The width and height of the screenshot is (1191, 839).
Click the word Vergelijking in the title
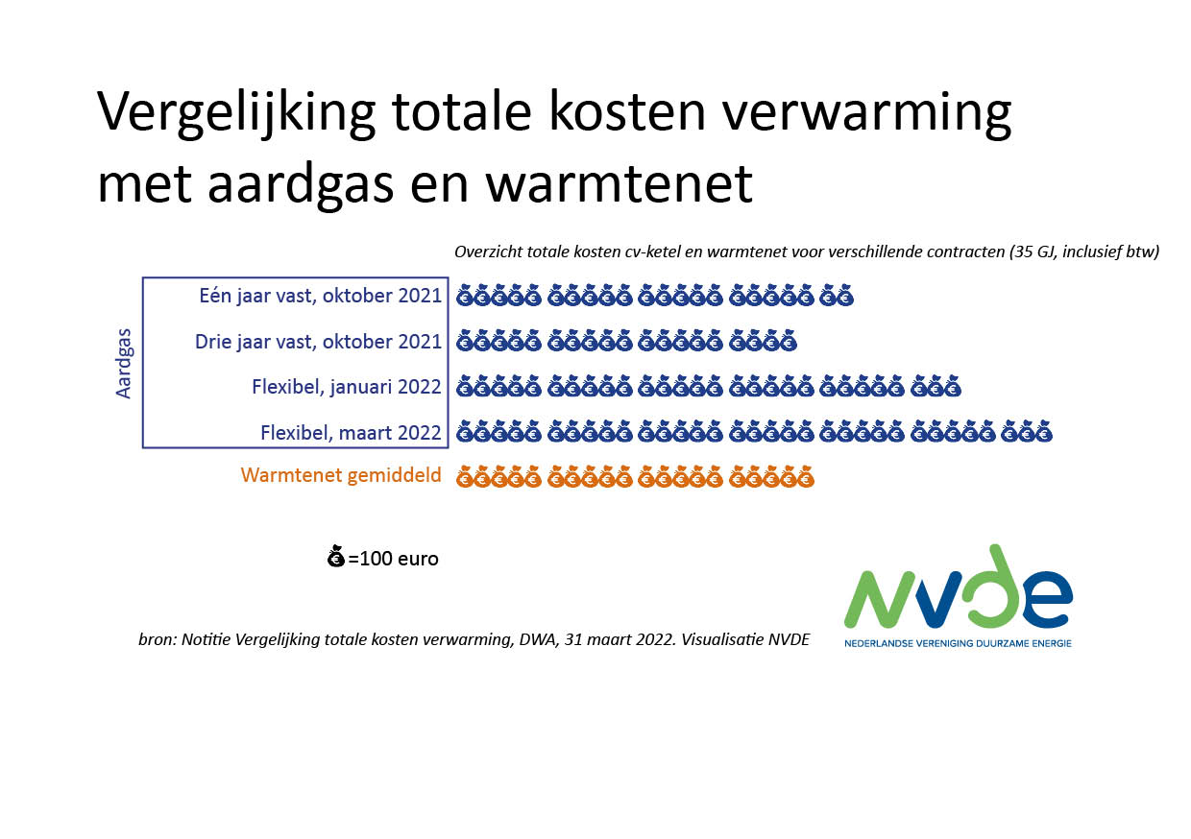point(236,113)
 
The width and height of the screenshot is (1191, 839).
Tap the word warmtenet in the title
point(619,184)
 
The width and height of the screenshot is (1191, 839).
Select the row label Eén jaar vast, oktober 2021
point(321,296)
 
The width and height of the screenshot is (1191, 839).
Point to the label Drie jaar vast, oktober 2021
point(319,342)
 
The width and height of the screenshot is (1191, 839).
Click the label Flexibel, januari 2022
point(347,387)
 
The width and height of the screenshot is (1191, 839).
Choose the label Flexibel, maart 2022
point(351,433)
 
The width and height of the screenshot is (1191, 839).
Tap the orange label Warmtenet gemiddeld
point(341,475)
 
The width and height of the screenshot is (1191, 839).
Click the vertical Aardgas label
point(124,364)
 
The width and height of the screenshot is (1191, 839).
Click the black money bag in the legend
point(336,556)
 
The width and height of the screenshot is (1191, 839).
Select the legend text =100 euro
point(394,559)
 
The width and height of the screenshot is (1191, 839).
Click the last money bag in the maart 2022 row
point(1043,431)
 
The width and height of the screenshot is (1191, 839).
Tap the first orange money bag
point(465,477)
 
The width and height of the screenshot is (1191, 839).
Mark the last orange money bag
point(805,477)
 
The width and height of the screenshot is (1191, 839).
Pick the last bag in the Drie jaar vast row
point(788,341)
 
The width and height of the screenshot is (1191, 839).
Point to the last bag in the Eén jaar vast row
point(845,296)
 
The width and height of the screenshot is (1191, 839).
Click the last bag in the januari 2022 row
point(952,386)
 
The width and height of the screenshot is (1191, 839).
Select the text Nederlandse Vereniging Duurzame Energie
point(959,643)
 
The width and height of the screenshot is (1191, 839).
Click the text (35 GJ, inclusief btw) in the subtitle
point(1084,252)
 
